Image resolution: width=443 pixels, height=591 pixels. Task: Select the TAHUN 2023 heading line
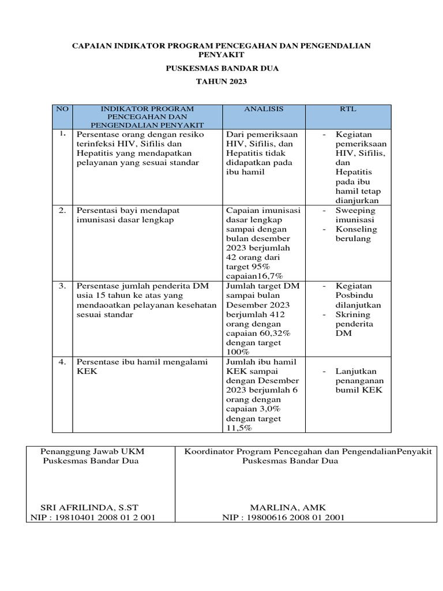221,81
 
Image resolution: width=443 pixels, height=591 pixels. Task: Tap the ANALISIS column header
264,109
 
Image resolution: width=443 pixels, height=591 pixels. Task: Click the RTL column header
348,109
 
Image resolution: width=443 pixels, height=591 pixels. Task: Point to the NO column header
62,109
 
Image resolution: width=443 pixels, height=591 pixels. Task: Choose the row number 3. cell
62,286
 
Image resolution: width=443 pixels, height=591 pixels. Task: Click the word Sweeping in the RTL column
355,211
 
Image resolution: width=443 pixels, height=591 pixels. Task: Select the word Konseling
356,229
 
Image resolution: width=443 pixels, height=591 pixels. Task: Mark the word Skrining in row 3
353,315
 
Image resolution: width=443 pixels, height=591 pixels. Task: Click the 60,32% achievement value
275,333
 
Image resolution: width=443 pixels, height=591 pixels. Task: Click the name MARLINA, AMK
287,507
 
